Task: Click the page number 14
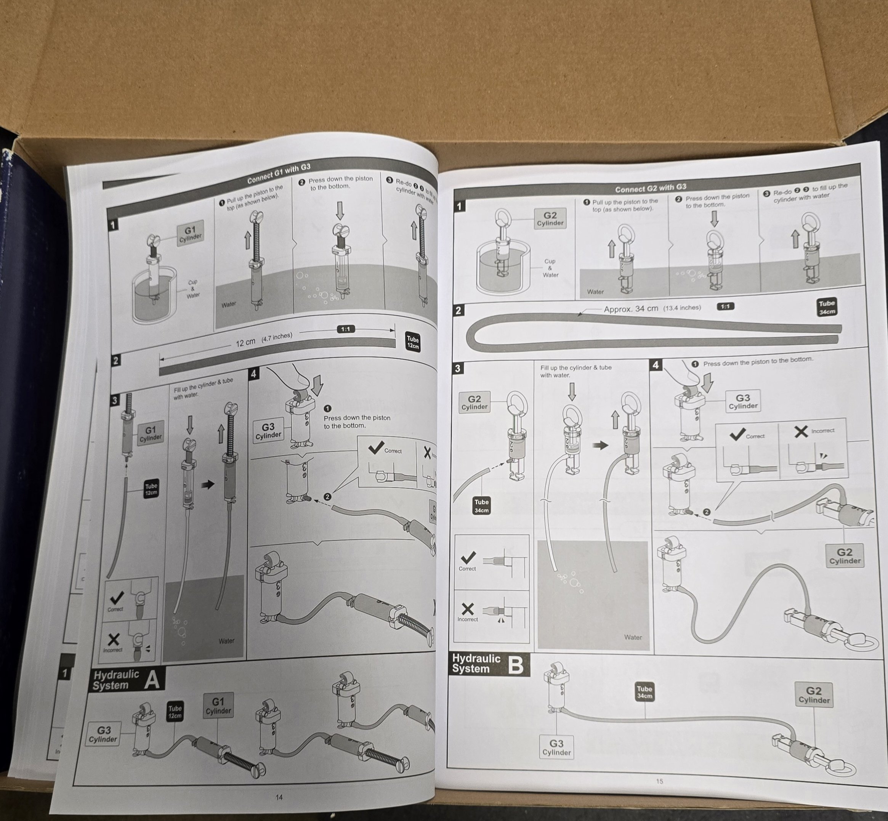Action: pyautogui.click(x=279, y=797)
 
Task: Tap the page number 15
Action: pyautogui.click(x=659, y=781)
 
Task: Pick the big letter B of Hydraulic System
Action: pyautogui.click(x=515, y=665)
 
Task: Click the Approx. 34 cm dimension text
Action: pyautogui.click(x=630, y=309)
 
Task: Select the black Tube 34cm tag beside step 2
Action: pyautogui.click(x=826, y=307)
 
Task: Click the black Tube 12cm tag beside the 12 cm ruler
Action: pyautogui.click(x=413, y=343)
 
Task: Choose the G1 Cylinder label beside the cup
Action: pyautogui.click(x=190, y=234)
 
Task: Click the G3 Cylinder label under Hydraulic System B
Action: pyautogui.click(x=556, y=747)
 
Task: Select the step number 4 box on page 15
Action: pyautogui.click(x=656, y=365)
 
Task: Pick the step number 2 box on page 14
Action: pyautogui.click(x=115, y=360)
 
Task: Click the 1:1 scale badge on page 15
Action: pyautogui.click(x=725, y=306)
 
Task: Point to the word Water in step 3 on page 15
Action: pyautogui.click(x=633, y=637)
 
